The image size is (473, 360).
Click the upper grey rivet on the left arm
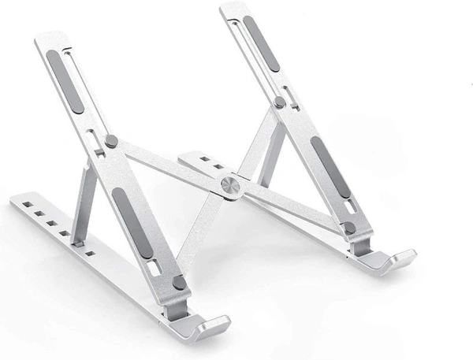(111, 142)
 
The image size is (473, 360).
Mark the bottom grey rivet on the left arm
(179, 281)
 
